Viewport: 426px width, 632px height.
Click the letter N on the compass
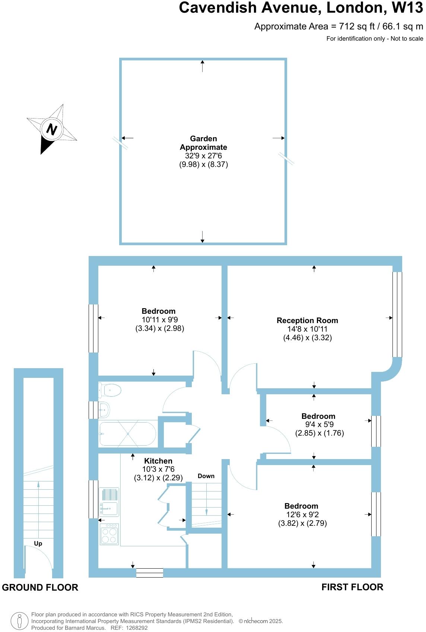click(51, 129)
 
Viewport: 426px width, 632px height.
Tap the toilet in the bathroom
click(111, 391)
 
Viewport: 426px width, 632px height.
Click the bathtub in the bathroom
click(127, 434)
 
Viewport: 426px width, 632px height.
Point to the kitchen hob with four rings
click(109, 534)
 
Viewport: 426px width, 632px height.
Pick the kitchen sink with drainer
click(109, 502)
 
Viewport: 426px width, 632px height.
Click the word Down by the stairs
click(206, 476)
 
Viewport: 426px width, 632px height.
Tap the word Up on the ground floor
click(38, 543)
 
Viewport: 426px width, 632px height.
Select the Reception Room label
click(307, 320)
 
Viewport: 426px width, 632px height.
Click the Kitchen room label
click(158, 461)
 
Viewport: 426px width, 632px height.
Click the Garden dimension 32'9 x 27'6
click(203, 156)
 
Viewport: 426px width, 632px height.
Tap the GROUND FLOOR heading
click(40, 587)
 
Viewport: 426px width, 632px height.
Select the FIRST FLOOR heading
click(352, 587)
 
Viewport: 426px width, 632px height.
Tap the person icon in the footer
click(20, 621)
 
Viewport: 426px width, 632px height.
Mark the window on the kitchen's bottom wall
click(150, 573)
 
